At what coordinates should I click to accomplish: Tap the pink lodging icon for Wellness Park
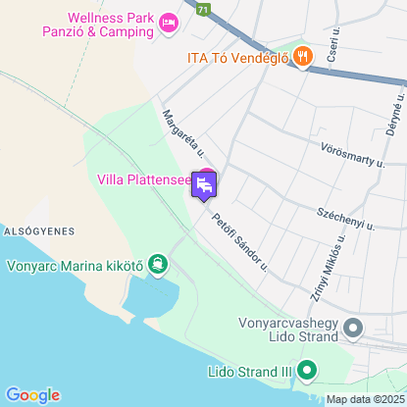point(169,21)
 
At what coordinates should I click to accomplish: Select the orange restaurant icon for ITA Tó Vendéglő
point(301,56)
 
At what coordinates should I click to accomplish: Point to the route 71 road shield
point(202,7)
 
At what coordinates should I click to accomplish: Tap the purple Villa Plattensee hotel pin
point(204,183)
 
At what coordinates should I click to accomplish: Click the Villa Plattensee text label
point(143,179)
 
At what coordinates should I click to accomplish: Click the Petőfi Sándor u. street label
point(239,236)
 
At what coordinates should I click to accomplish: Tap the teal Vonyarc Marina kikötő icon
point(158,264)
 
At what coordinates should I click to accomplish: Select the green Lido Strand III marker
point(307,372)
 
